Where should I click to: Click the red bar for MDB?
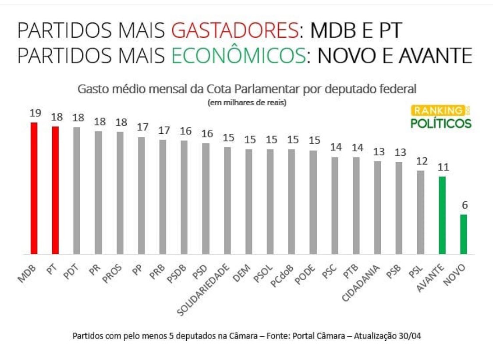point(34,189)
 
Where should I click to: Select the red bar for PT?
point(55,190)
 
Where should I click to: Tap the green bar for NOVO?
point(463,234)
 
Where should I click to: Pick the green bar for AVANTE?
point(442,215)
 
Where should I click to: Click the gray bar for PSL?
point(420,212)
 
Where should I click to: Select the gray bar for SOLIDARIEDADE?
point(227,200)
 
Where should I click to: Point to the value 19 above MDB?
point(35,113)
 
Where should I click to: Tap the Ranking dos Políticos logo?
point(441,117)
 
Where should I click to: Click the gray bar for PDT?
point(77,191)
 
